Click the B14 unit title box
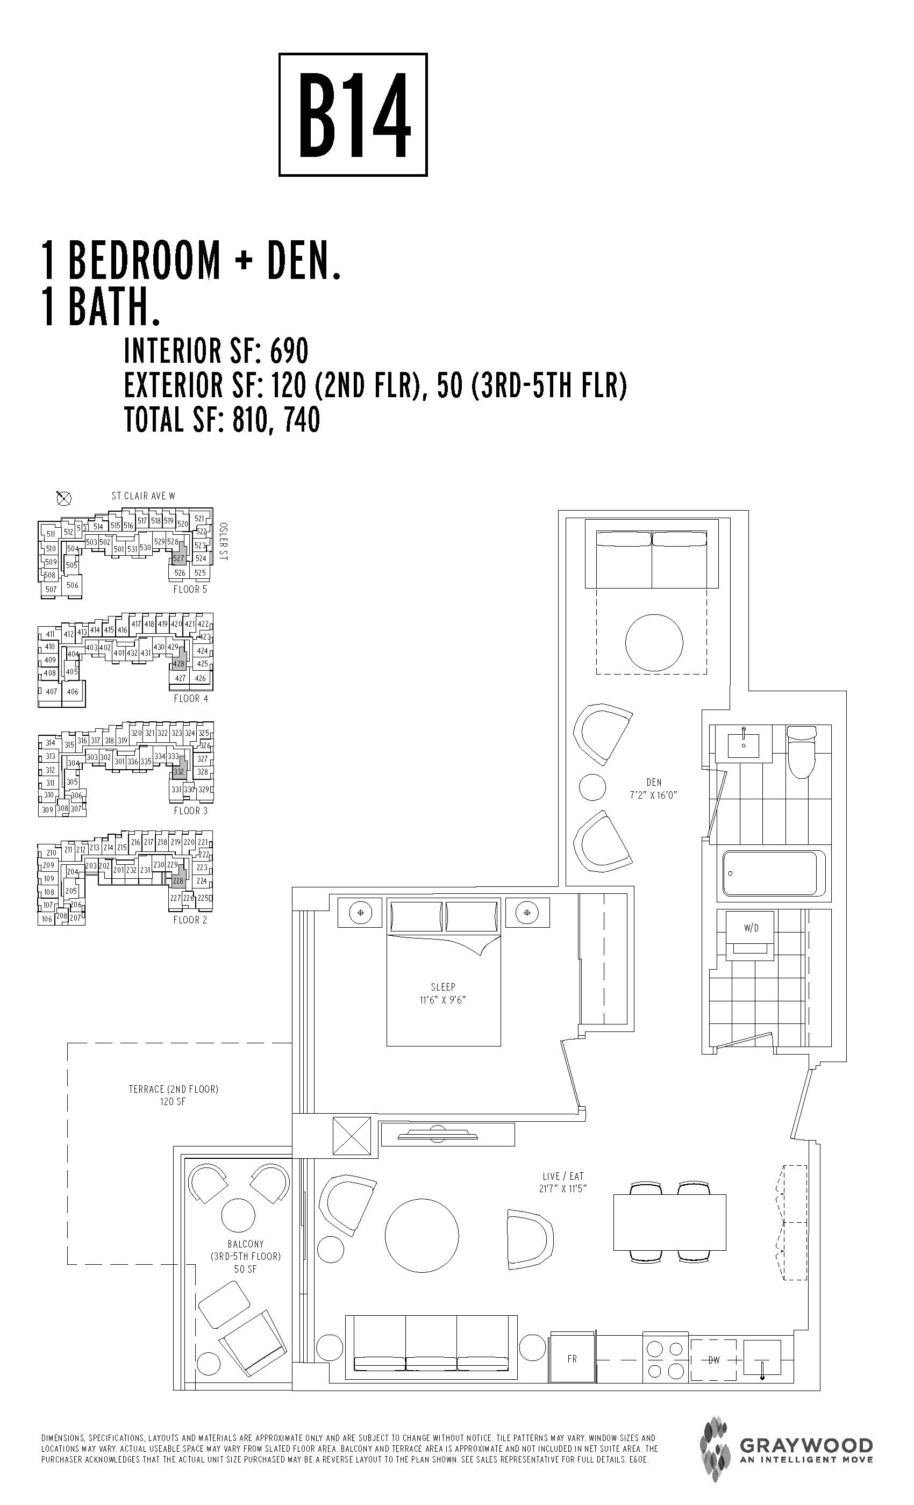[x=353, y=115]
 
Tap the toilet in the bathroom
[x=801, y=751]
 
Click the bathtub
[x=769, y=873]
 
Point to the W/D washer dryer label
[x=751, y=928]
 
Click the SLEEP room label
[x=443, y=986]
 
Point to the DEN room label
[x=654, y=782]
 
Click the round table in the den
[x=654, y=642]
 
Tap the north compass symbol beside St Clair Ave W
[x=63, y=498]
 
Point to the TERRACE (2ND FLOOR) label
[x=173, y=1089]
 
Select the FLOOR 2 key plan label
[x=190, y=920]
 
